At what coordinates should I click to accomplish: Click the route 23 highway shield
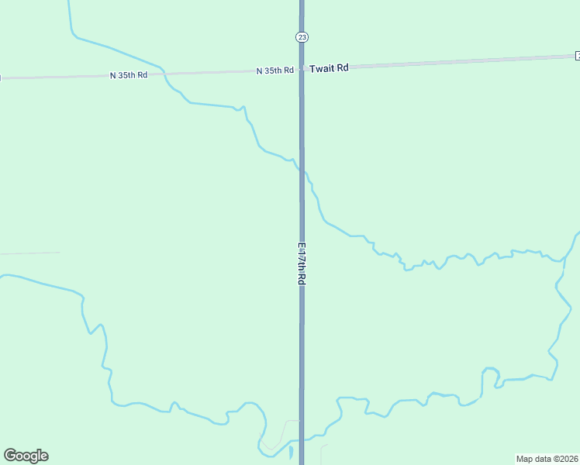302,37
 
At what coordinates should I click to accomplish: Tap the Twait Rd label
329,68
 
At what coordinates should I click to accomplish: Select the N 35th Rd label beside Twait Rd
275,71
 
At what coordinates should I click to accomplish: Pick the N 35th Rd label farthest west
129,75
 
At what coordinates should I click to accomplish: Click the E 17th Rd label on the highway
302,264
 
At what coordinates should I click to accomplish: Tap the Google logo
26,456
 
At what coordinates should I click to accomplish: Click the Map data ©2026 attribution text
547,459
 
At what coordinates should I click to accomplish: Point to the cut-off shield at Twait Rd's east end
578,55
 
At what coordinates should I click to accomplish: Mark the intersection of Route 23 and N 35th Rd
302,70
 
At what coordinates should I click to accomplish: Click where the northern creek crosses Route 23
302,170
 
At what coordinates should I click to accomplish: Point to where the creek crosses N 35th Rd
164,73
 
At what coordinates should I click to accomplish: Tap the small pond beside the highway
291,451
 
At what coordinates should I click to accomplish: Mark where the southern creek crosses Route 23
302,439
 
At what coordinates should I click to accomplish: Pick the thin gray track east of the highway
323,453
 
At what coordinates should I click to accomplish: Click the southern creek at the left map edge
3,275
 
